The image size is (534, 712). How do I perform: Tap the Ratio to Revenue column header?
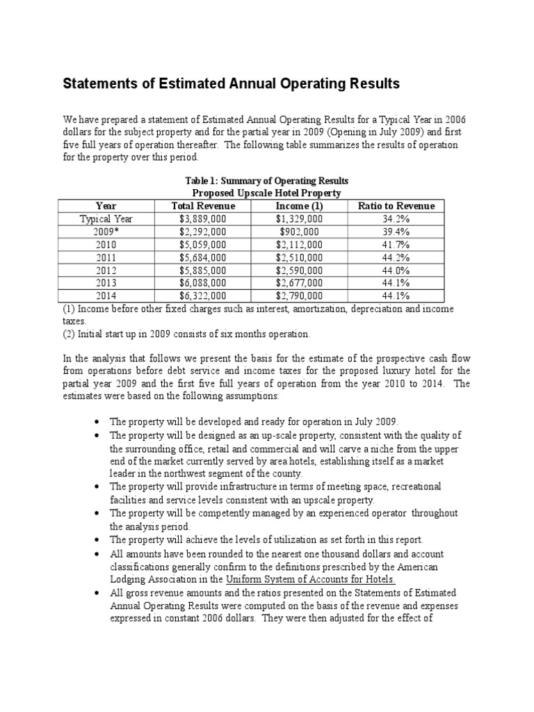(x=396, y=206)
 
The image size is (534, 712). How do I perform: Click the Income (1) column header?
(x=299, y=206)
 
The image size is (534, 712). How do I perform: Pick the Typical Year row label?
(x=106, y=219)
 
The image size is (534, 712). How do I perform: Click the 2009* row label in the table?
(x=106, y=232)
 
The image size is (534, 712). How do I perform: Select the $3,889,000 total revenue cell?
(x=202, y=219)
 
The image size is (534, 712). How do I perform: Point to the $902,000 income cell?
(x=299, y=232)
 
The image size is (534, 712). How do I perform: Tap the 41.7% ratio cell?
(x=396, y=245)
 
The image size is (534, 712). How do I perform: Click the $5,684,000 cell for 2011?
(x=202, y=257)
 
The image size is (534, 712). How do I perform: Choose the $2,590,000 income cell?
(x=299, y=270)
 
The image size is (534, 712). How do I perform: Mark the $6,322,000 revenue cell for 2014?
(x=202, y=296)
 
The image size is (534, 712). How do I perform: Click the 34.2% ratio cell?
(x=396, y=219)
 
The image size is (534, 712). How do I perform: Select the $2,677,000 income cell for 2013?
(x=299, y=283)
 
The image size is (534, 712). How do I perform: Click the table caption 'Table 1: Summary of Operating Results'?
(x=266, y=181)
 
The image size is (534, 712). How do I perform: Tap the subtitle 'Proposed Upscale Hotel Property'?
(x=266, y=193)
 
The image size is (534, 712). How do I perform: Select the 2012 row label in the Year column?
(x=106, y=270)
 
